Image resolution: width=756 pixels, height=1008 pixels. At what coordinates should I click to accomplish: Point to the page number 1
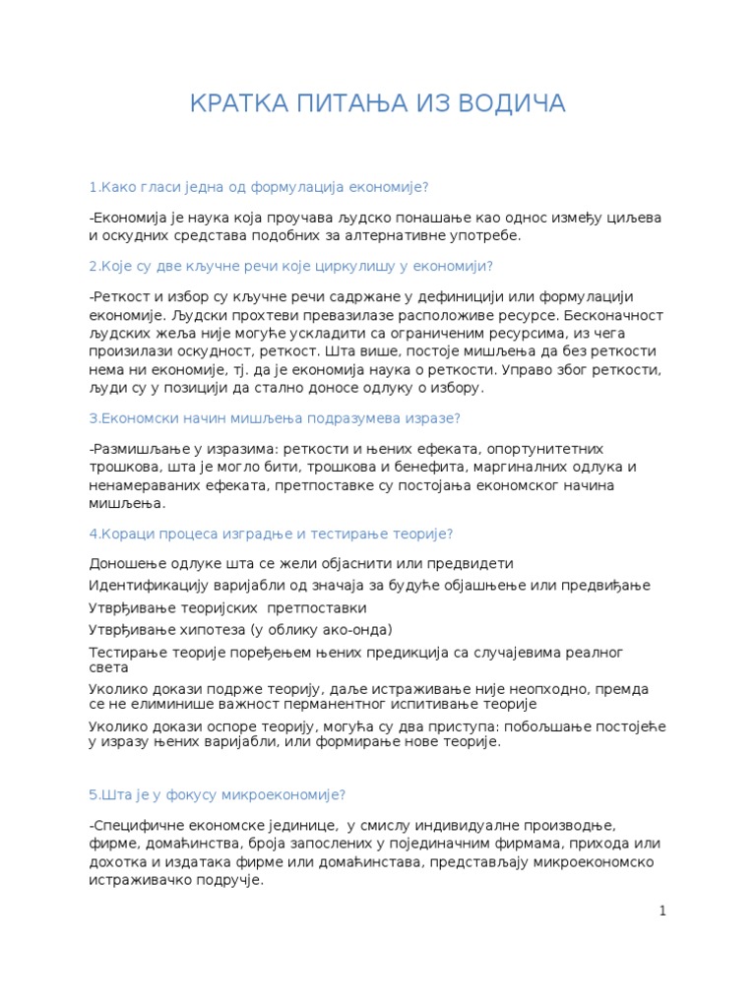(x=663, y=911)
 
